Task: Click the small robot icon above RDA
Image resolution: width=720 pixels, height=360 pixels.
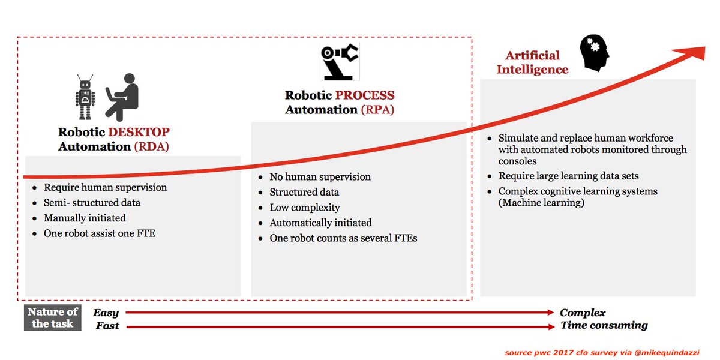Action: click(85, 97)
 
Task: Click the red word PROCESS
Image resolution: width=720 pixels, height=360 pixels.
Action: click(365, 95)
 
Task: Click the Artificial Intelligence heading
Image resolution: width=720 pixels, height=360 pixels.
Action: click(533, 62)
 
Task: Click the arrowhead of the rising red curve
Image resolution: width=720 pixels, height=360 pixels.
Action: click(696, 52)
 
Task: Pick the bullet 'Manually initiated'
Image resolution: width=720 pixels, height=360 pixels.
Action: click(85, 218)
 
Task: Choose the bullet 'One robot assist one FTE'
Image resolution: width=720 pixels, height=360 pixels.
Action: click(99, 233)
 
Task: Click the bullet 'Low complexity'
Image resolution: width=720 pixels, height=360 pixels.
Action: click(305, 208)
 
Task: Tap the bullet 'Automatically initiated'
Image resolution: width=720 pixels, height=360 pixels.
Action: click(320, 223)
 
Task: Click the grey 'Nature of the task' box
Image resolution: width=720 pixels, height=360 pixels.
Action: click(53, 317)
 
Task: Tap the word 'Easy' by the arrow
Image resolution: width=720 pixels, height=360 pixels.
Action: click(106, 313)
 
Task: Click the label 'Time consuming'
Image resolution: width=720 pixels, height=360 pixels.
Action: click(604, 325)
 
